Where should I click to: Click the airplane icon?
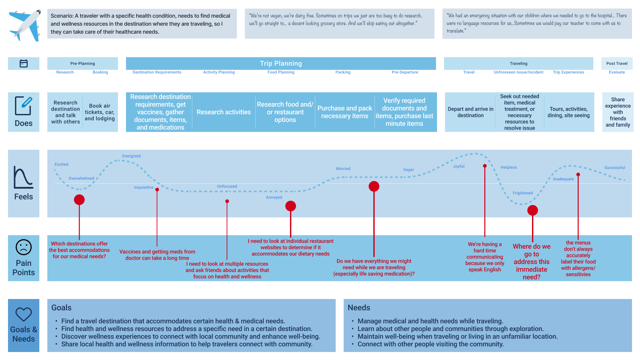tap(25, 25)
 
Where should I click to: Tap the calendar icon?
tap(24, 63)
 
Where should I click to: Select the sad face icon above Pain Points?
tap(24, 247)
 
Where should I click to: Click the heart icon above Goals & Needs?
tap(24, 314)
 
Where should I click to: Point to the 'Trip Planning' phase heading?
tap(281, 63)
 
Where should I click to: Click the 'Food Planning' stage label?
tap(281, 72)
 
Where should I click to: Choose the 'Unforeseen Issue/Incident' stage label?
tap(518, 72)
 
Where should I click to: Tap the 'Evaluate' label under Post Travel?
tap(617, 72)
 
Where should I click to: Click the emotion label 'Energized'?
tap(131, 156)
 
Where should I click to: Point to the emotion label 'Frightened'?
tap(522, 193)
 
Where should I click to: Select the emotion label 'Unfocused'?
tap(227, 186)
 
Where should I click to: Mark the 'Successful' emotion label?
tap(615, 168)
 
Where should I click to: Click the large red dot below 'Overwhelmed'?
tap(79, 200)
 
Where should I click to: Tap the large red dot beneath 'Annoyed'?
tap(291, 206)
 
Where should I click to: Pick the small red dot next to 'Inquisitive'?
tap(157, 190)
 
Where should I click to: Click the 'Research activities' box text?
tap(224, 112)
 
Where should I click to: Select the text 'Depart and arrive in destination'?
tap(470, 112)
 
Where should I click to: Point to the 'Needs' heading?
tap(359, 308)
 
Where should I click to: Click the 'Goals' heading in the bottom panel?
tap(61, 308)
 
